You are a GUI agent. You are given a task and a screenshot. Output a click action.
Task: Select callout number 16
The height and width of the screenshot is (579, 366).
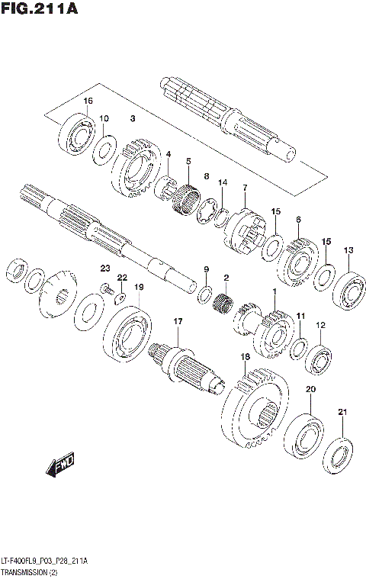click(88, 101)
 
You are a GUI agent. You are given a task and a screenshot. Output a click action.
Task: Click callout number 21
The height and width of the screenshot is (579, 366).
click(342, 413)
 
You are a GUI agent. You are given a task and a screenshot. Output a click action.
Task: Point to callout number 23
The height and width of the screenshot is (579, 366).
click(106, 267)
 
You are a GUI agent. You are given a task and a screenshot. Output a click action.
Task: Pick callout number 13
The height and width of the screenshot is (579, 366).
click(348, 250)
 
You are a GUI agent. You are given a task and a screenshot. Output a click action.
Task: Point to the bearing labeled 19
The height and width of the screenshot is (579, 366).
click(127, 328)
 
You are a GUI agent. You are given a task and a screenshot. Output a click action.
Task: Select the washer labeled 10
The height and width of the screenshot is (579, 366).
click(104, 148)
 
